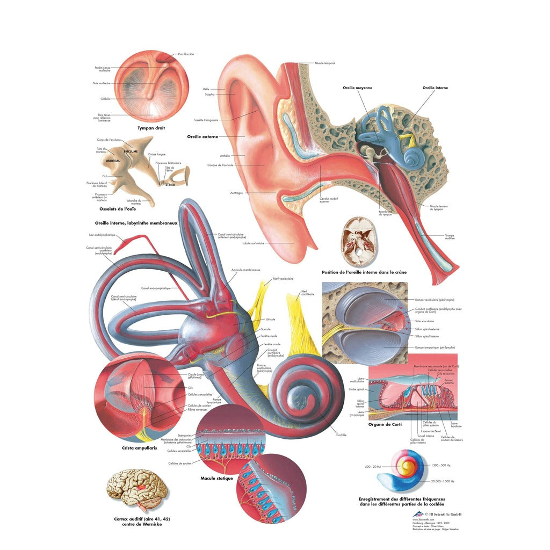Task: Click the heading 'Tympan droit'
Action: click(x=151, y=128)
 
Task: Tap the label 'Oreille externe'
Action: click(x=202, y=137)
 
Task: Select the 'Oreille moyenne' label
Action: click(x=357, y=88)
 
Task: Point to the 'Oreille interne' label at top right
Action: click(x=435, y=88)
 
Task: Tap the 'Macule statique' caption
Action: click(x=217, y=478)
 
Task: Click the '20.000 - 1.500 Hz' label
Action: click(x=443, y=481)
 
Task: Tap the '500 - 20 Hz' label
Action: click(x=373, y=467)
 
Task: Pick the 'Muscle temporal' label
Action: click(x=325, y=63)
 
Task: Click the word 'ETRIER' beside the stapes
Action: click(x=170, y=185)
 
